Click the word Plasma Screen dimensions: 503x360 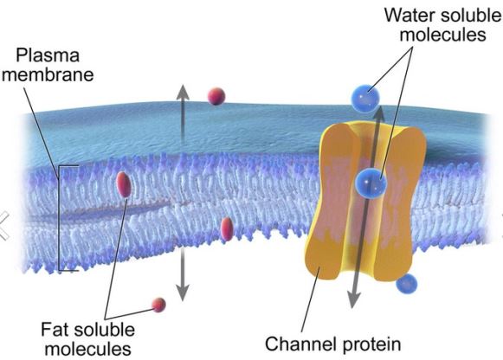point(48,55)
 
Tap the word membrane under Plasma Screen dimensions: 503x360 point(48,74)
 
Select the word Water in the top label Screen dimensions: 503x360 point(409,15)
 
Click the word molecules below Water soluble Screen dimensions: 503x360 point(442,35)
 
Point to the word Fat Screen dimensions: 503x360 point(57,329)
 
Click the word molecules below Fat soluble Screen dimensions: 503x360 point(88,349)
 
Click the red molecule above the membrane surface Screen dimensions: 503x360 point(216,96)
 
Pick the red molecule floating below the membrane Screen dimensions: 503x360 point(158,305)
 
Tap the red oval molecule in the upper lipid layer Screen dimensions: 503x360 point(124,184)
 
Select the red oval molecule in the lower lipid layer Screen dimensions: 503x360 point(227,228)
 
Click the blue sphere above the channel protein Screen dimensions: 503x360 point(365,98)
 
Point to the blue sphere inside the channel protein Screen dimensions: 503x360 point(371,183)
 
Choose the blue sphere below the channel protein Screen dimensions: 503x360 point(407,284)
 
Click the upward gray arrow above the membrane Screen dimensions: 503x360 point(183,114)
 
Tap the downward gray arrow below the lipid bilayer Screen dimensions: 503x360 point(183,274)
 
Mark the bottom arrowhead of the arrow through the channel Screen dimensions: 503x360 point(353,300)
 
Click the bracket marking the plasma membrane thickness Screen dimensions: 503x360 point(60,218)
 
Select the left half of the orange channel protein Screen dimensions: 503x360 point(332,202)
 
